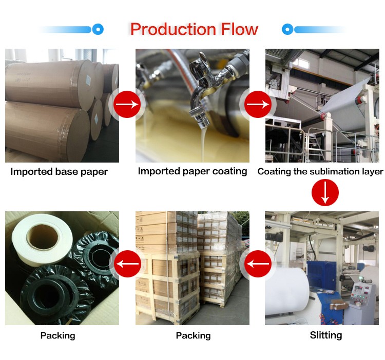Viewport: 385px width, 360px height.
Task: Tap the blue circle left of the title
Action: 98,29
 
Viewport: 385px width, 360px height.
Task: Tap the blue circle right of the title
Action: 287,29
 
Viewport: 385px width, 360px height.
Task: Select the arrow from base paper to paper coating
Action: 127,104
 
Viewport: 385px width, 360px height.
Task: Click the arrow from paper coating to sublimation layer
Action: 257,104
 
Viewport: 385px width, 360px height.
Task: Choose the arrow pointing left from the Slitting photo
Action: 257,265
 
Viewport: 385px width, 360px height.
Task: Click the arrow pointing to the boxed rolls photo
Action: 127,265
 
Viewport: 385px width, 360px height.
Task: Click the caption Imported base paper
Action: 59,172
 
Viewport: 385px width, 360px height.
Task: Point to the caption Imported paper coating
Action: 192,171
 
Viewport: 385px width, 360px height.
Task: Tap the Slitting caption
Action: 325,335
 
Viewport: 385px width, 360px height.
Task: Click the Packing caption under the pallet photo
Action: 193,336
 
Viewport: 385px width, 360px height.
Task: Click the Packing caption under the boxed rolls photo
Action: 57,336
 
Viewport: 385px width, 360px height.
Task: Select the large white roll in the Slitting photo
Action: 286,297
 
